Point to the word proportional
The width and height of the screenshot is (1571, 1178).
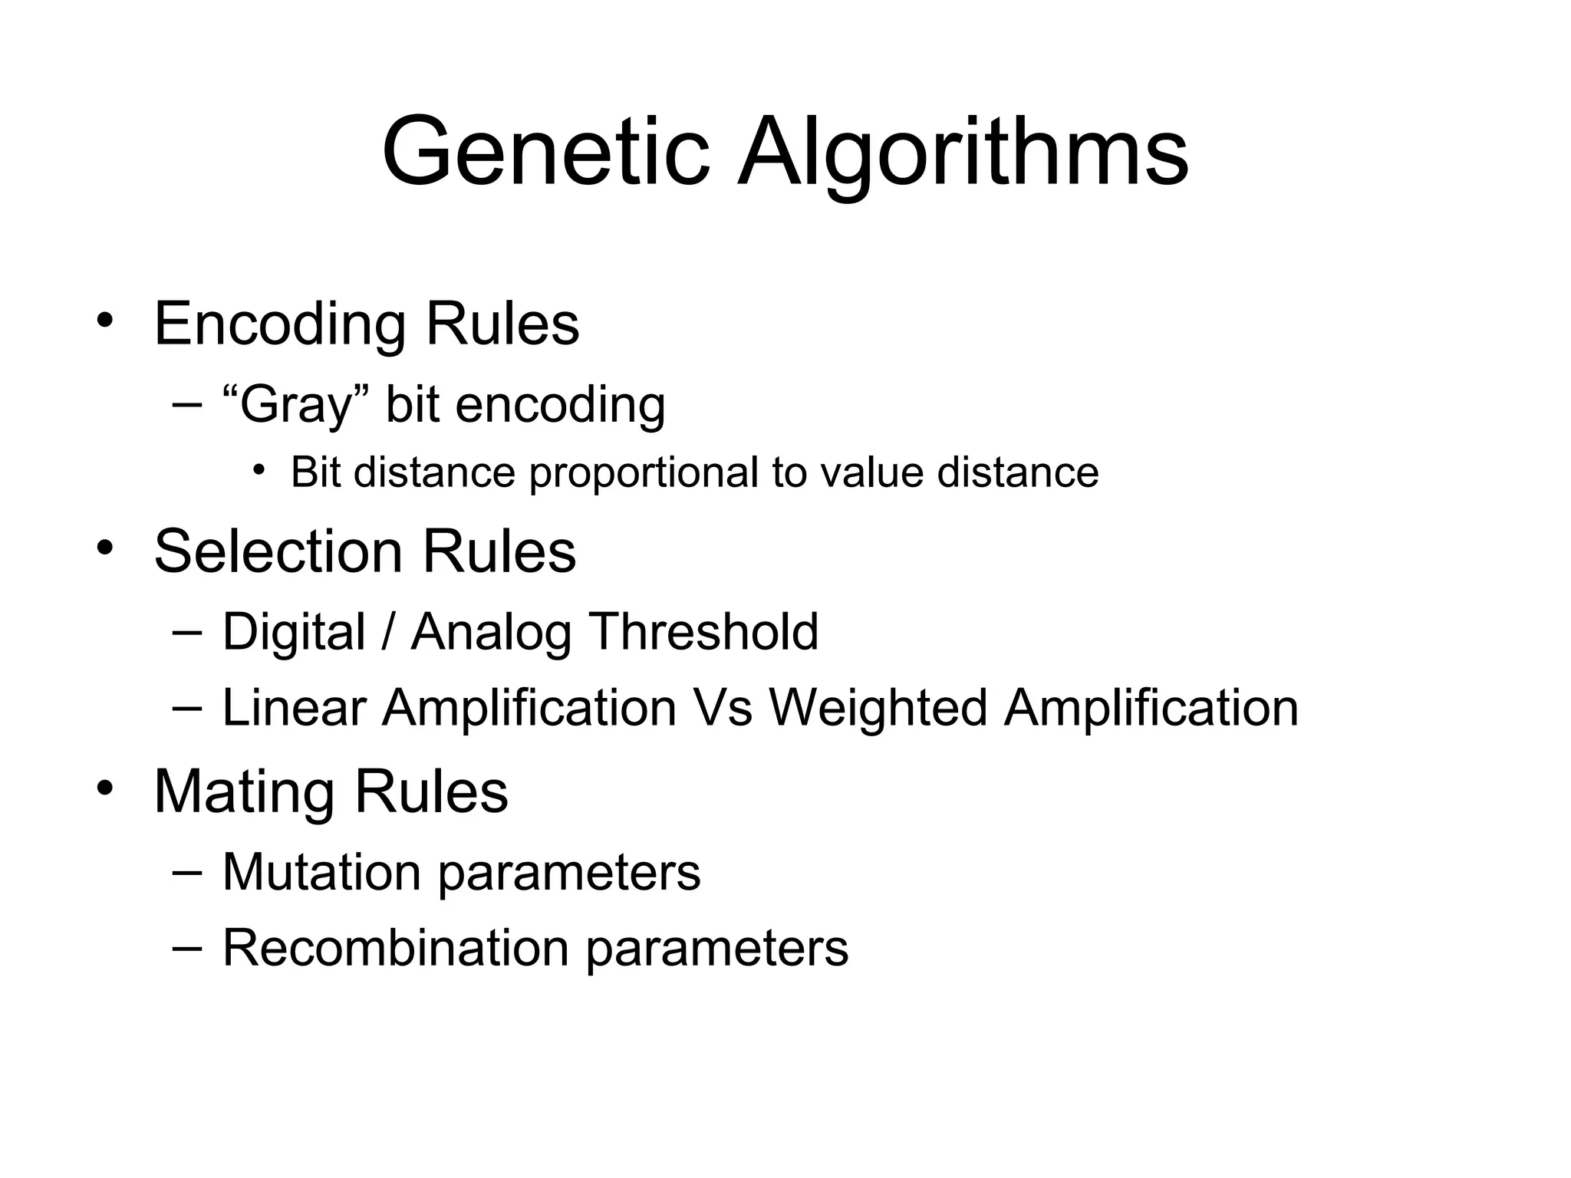pyautogui.click(x=644, y=474)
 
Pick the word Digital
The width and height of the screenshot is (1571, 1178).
pyautogui.click(x=294, y=633)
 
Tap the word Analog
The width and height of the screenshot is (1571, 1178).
pyautogui.click(x=491, y=633)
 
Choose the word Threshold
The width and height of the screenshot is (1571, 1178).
pyautogui.click(x=703, y=632)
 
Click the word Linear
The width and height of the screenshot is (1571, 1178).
pyautogui.click(x=294, y=707)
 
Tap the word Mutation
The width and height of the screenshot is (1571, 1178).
pyautogui.click(x=321, y=872)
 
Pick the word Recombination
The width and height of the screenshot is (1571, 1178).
pyautogui.click(x=395, y=948)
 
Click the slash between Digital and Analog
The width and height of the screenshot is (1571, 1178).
pyautogui.click(x=388, y=633)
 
